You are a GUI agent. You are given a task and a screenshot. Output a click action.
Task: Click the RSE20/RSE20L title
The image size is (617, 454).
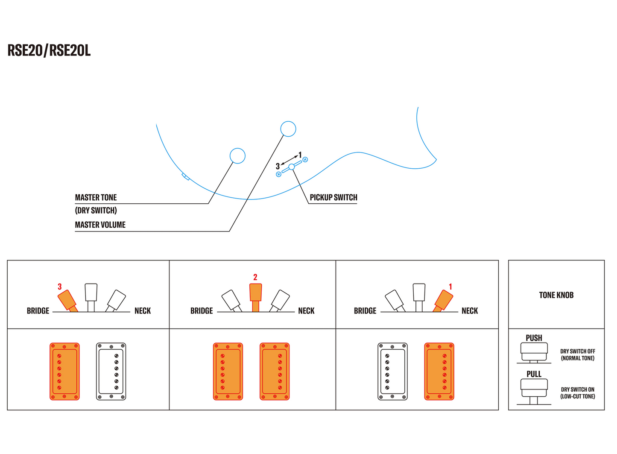click(49, 51)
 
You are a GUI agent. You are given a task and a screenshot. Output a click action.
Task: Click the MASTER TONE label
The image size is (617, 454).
click(96, 197)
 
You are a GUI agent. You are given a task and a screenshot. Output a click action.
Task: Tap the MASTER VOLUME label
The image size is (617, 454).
click(100, 225)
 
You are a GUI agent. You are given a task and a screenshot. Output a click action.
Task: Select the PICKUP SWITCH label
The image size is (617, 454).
click(333, 197)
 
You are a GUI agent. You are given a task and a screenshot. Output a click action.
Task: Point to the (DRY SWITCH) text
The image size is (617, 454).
click(96, 211)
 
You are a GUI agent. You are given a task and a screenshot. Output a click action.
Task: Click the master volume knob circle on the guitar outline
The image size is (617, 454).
click(288, 129)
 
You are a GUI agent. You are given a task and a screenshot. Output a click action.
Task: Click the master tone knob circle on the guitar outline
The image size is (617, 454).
click(237, 156)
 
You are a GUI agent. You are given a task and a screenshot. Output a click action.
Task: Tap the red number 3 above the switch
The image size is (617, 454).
click(60, 287)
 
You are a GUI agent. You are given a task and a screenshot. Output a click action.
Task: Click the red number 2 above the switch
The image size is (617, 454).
click(255, 277)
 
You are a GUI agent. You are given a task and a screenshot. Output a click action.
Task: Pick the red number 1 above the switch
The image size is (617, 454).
click(450, 287)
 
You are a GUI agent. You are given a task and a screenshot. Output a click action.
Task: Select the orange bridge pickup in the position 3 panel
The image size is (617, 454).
click(64, 371)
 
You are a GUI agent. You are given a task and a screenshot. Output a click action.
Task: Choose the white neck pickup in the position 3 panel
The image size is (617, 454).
click(111, 371)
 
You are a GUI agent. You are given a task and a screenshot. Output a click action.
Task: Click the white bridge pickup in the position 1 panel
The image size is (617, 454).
click(392, 371)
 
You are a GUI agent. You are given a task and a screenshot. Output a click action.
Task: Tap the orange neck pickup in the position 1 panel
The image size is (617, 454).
click(439, 371)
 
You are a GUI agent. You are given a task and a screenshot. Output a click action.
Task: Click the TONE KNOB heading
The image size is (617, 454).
click(556, 295)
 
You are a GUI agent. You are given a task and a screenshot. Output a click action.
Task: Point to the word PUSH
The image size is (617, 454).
click(534, 338)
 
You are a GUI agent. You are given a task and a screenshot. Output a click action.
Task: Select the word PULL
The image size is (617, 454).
click(534, 374)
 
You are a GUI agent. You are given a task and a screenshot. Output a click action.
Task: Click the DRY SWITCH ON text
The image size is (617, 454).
click(577, 390)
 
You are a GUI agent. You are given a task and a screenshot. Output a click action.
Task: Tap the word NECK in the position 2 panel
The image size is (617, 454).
click(306, 311)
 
